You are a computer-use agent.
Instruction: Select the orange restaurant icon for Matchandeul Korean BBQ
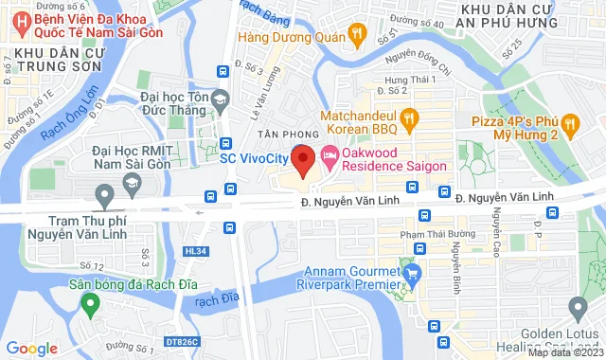410,117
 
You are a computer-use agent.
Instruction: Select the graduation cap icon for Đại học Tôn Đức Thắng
220,99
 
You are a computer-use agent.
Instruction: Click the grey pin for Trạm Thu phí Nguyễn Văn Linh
104,196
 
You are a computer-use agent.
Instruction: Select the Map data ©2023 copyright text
564,352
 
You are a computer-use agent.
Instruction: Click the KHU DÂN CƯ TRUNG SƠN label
57,58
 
